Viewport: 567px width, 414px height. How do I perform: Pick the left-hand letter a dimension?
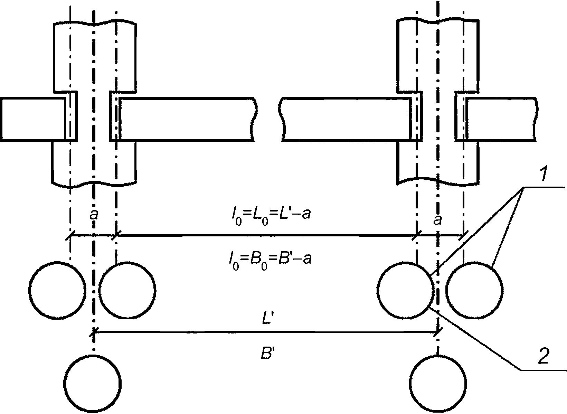click(x=94, y=216)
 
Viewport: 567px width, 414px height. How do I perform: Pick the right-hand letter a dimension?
click(x=437, y=220)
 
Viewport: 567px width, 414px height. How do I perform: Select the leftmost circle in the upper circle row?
click(x=58, y=290)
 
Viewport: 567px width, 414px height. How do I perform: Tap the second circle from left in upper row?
click(x=127, y=290)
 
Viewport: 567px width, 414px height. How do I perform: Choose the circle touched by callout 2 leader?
click(x=406, y=290)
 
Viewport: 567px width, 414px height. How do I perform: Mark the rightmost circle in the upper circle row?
click(x=475, y=290)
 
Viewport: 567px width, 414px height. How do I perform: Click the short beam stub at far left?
click(x=33, y=119)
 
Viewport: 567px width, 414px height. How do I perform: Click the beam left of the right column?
click(x=344, y=119)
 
